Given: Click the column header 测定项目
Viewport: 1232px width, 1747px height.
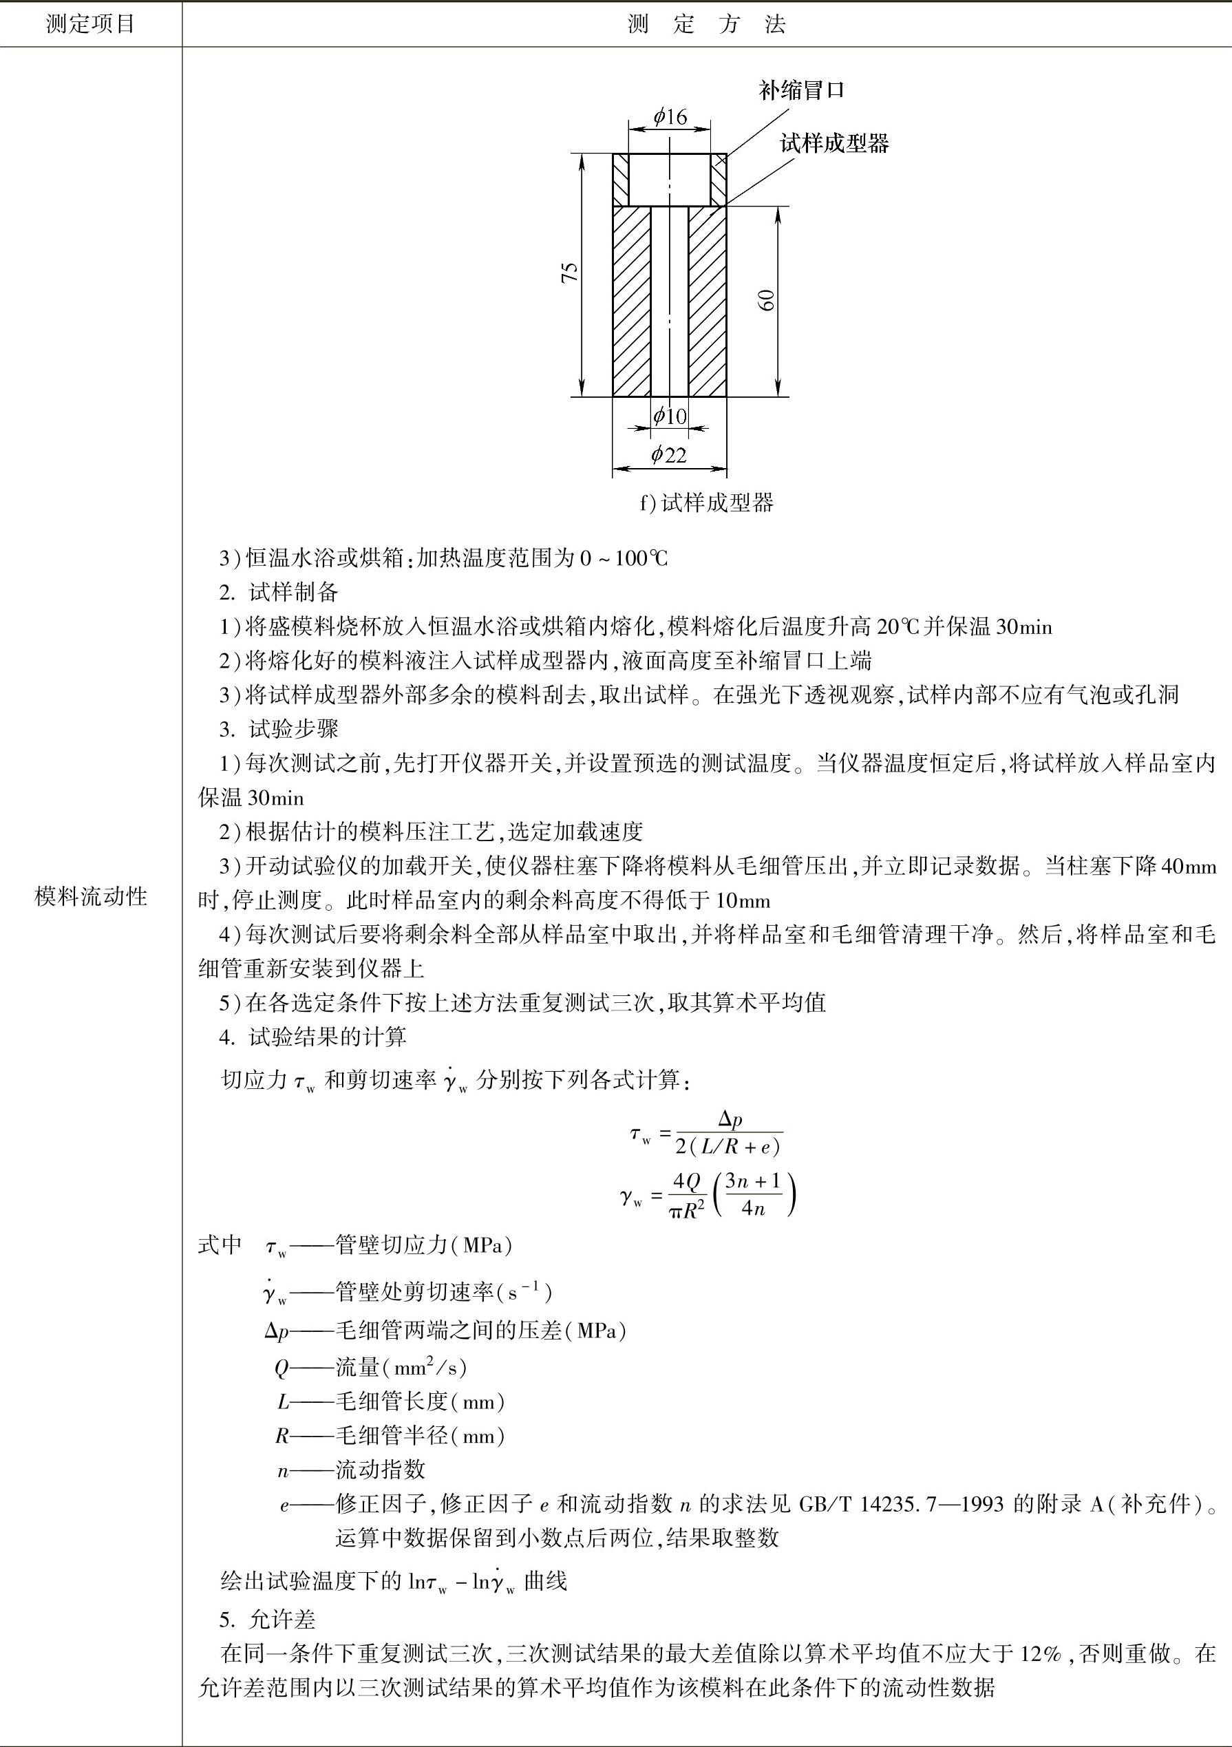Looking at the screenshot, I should pyautogui.click(x=91, y=24).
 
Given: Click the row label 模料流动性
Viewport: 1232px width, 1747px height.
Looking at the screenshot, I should pyautogui.click(x=91, y=897).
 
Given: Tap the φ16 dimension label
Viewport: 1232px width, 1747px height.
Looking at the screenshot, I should pyautogui.click(x=670, y=116).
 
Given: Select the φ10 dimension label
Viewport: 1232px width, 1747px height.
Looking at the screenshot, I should pyautogui.click(x=670, y=416).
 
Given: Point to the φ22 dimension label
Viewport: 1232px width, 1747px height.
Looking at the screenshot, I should pyautogui.click(x=669, y=455).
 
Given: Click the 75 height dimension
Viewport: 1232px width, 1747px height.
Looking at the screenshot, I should pyautogui.click(x=570, y=273).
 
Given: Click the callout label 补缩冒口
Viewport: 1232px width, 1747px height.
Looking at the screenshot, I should pyautogui.click(x=801, y=92).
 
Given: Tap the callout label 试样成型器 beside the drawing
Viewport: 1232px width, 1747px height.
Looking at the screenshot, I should pyautogui.click(x=835, y=143).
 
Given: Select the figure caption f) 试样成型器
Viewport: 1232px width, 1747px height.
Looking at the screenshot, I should pyautogui.click(x=706, y=503).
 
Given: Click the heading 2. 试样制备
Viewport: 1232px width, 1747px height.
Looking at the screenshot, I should pyautogui.click(x=279, y=593).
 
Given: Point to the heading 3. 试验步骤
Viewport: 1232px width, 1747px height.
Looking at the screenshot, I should pyautogui.click(x=279, y=729).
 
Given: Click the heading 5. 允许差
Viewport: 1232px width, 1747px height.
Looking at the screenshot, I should pyautogui.click(x=268, y=1619).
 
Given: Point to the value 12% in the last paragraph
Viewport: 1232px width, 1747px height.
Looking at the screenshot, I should pyautogui.click(x=1040, y=1653).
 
